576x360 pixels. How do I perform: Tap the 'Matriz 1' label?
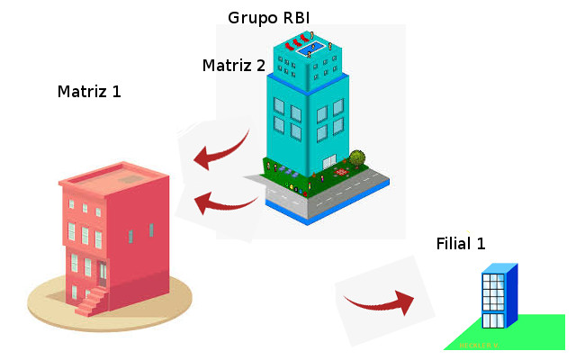tap(89, 92)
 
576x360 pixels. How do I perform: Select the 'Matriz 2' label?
tap(233, 65)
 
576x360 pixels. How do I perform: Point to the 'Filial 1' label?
tap(461, 244)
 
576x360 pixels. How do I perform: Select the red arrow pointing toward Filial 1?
tap(379, 299)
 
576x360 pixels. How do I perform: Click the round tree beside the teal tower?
tap(357, 158)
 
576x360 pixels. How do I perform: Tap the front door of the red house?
tap(103, 274)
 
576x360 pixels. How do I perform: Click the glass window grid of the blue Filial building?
tap(493, 295)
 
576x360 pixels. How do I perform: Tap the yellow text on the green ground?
tap(479, 345)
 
